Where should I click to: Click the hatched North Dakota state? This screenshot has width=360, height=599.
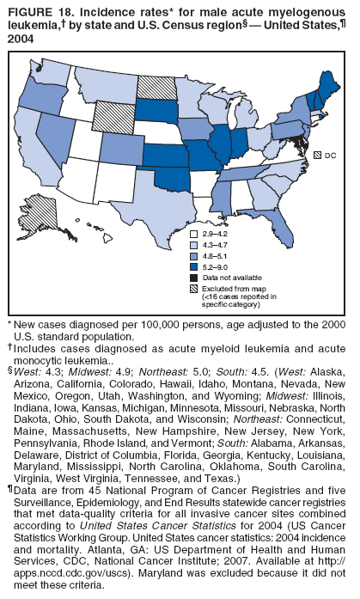click(x=155, y=87)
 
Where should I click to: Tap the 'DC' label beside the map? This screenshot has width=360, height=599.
click(x=329, y=156)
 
